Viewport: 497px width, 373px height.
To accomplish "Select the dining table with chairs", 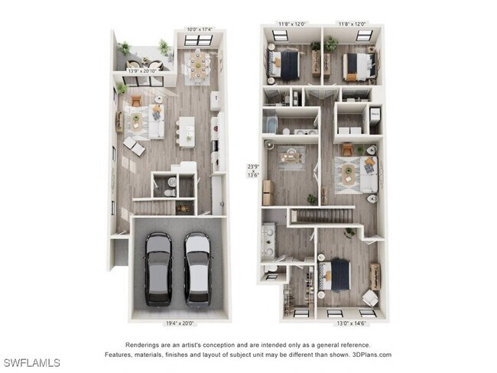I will [200, 65].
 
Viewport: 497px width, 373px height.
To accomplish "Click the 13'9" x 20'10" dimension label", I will [143, 70].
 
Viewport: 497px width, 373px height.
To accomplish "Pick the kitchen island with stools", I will [186, 130].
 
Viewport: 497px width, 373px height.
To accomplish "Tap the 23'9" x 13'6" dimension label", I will [253, 169].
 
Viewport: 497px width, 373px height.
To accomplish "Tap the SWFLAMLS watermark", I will [31, 362].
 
